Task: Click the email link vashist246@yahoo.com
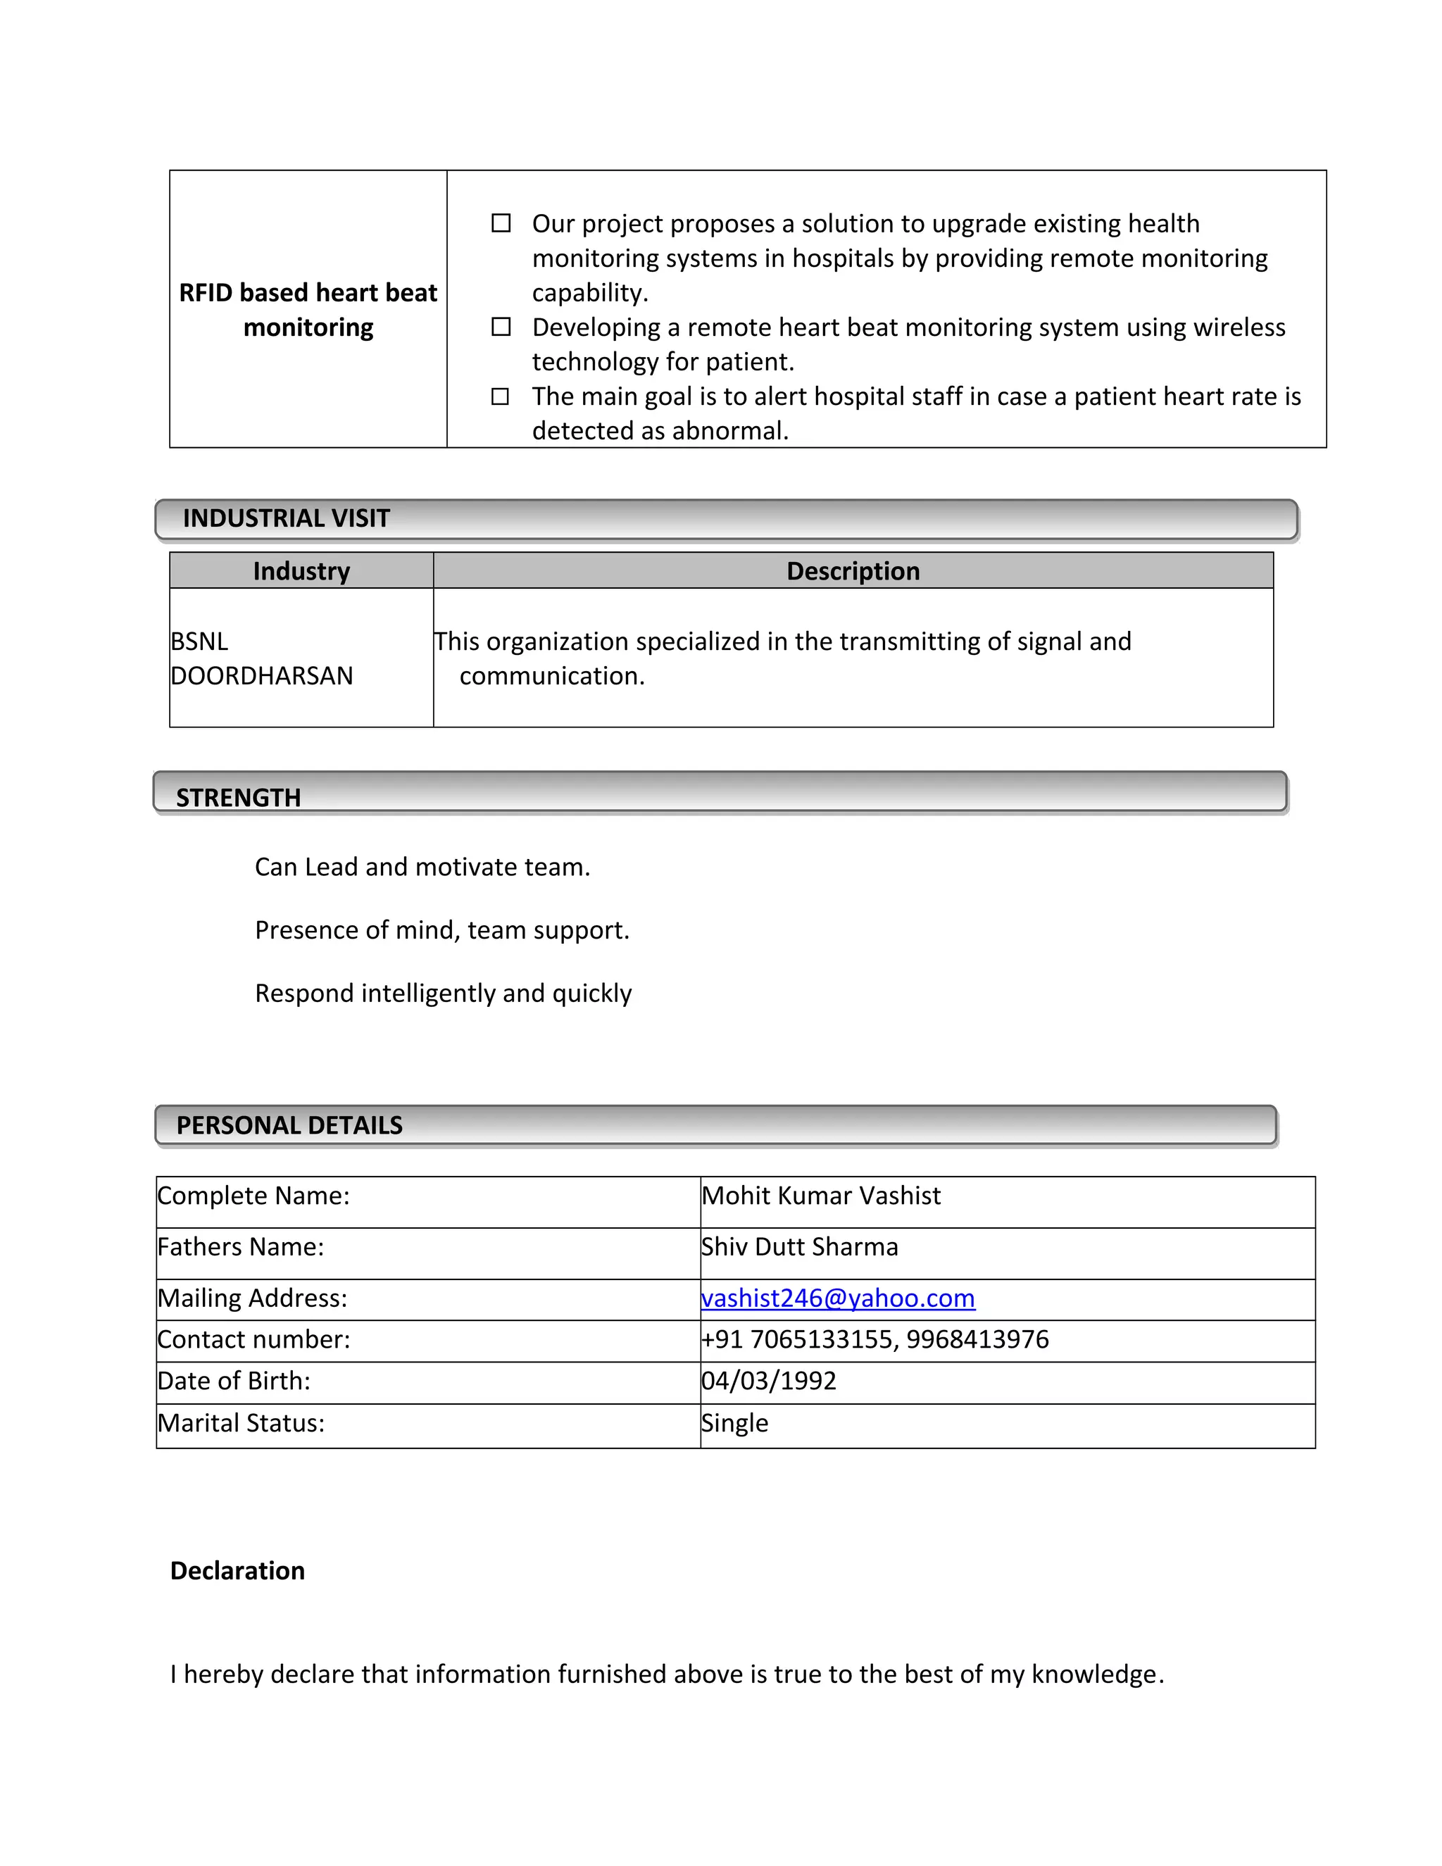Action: point(837,1298)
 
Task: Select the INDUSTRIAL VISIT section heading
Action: point(286,519)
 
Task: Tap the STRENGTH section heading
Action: point(239,797)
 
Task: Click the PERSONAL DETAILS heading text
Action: point(289,1125)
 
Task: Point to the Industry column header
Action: point(301,571)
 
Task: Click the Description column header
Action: point(853,571)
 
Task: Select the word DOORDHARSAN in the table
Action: point(261,676)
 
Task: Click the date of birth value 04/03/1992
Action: point(768,1381)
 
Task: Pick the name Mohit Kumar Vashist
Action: point(820,1196)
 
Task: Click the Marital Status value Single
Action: point(734,1422)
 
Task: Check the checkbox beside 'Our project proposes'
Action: point(501,223)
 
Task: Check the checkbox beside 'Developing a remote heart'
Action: point(501,327)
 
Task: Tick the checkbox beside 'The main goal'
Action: point(501,396)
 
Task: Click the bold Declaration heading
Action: point(237,1570)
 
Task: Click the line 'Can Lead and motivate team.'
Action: point(422,868)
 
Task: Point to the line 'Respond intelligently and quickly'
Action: point(442,993)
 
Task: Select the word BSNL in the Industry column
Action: point(199,641)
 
